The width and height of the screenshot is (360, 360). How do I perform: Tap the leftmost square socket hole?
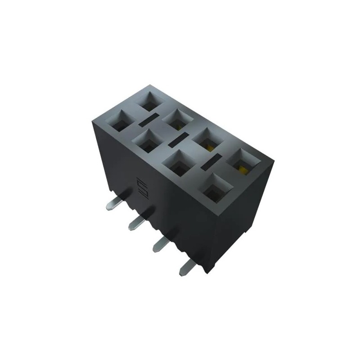point(121,122)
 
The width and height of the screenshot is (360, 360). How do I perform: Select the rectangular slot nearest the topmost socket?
point(148,119)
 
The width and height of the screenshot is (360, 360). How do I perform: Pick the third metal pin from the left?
point(161,243)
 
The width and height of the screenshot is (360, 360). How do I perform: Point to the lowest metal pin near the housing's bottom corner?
point(186,269)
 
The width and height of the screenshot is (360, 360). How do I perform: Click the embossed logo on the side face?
point(139,187)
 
